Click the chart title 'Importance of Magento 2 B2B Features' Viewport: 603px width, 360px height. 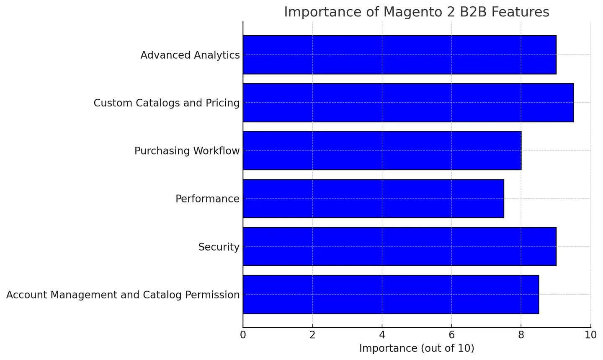point(416,12)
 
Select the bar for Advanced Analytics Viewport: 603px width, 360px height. point(399,55)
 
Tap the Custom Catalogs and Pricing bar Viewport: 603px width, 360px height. point(408,103)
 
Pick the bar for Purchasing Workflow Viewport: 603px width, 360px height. point(382,150)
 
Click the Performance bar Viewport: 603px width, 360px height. point(374,199)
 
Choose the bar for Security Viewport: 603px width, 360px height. point(399,246)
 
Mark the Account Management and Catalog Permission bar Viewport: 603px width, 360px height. point(391,295)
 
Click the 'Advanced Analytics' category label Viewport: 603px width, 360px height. point(190,55)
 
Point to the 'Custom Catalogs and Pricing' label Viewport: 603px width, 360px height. point(166,103)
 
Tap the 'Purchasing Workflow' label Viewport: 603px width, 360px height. point(187,151)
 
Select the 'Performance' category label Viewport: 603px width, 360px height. point(207,199)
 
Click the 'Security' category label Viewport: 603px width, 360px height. point(219,247)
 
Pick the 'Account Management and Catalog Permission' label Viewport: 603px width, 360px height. point(123,295)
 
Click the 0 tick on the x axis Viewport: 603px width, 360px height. point(243,335)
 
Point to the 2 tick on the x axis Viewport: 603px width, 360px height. point(312,335)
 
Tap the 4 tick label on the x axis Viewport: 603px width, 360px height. point(382,335)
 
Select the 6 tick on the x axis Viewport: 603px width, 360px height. point(451,335)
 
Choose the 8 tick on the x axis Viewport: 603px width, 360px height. point(521,335)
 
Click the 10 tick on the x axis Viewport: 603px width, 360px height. point(590,335)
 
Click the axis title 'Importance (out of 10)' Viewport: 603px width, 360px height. point(417,348)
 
